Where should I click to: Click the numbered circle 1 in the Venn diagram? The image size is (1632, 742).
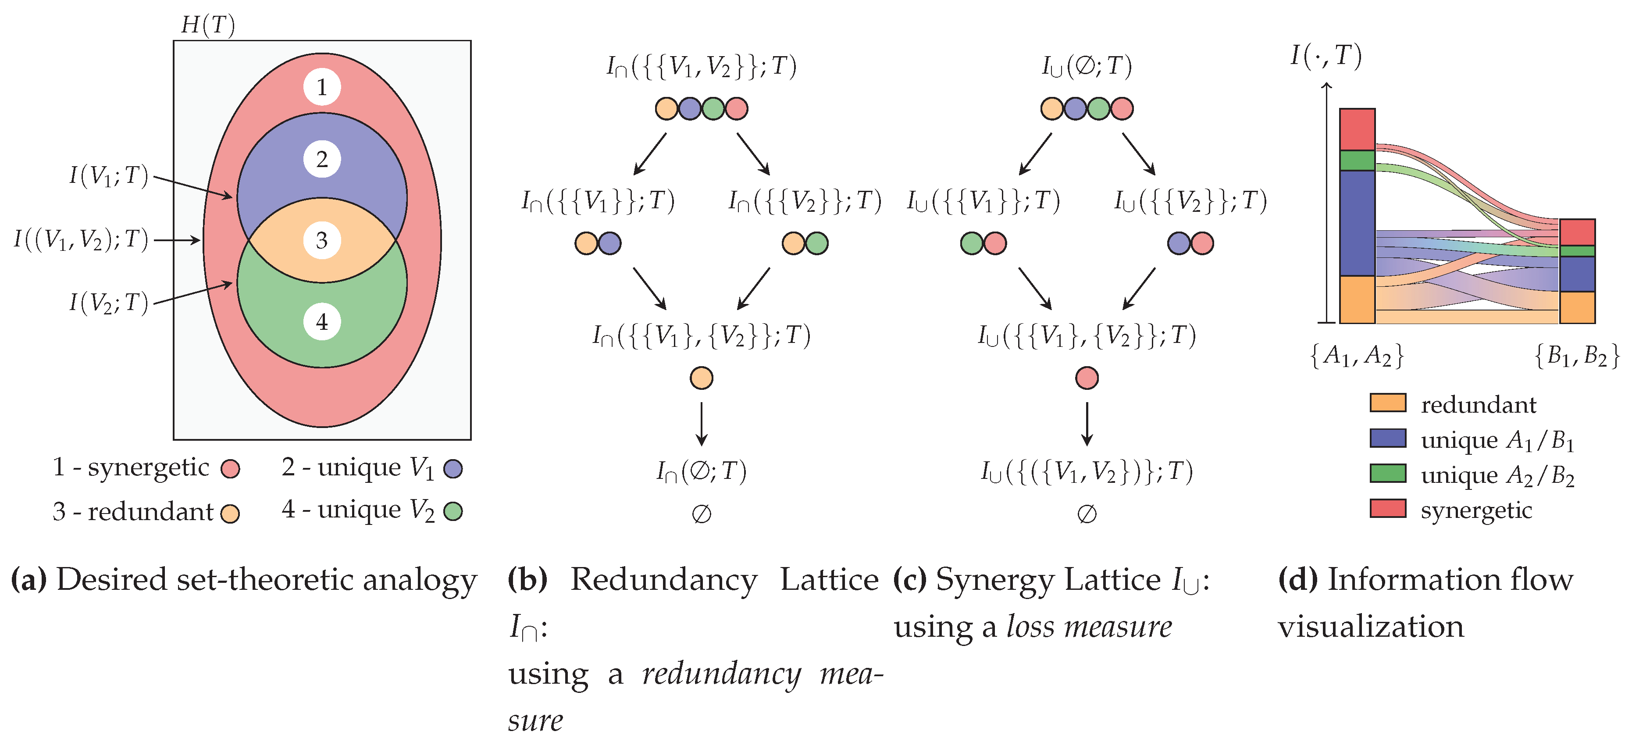point(322,87)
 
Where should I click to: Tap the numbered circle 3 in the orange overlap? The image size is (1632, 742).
point(322,240)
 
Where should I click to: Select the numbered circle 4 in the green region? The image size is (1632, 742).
point(322,322)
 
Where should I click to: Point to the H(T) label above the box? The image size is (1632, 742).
point(208,25)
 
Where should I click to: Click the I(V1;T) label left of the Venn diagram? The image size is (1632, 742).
point(109,175)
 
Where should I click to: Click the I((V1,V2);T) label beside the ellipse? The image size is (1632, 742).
point(81,239)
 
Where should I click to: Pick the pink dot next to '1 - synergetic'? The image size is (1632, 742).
point(230,469)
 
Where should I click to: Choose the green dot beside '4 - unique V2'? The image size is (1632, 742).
point(453,511)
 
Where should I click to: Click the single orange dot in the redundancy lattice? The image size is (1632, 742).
point(701,378)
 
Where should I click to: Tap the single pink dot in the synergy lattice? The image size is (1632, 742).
point(1087,378)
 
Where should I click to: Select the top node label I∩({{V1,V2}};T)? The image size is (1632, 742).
point(701,66)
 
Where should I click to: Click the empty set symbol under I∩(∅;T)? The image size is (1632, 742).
point(701,514)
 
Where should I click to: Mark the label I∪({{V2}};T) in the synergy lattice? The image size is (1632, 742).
point(1190,201)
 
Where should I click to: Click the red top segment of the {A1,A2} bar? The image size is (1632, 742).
point(1357,129)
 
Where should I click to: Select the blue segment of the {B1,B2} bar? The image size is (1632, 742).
point(1577,274)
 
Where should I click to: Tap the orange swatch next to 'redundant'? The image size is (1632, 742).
point(1387,403)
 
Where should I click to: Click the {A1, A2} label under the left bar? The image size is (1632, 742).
point(1357,356)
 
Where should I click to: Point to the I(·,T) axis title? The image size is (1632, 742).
point(1326,56)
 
